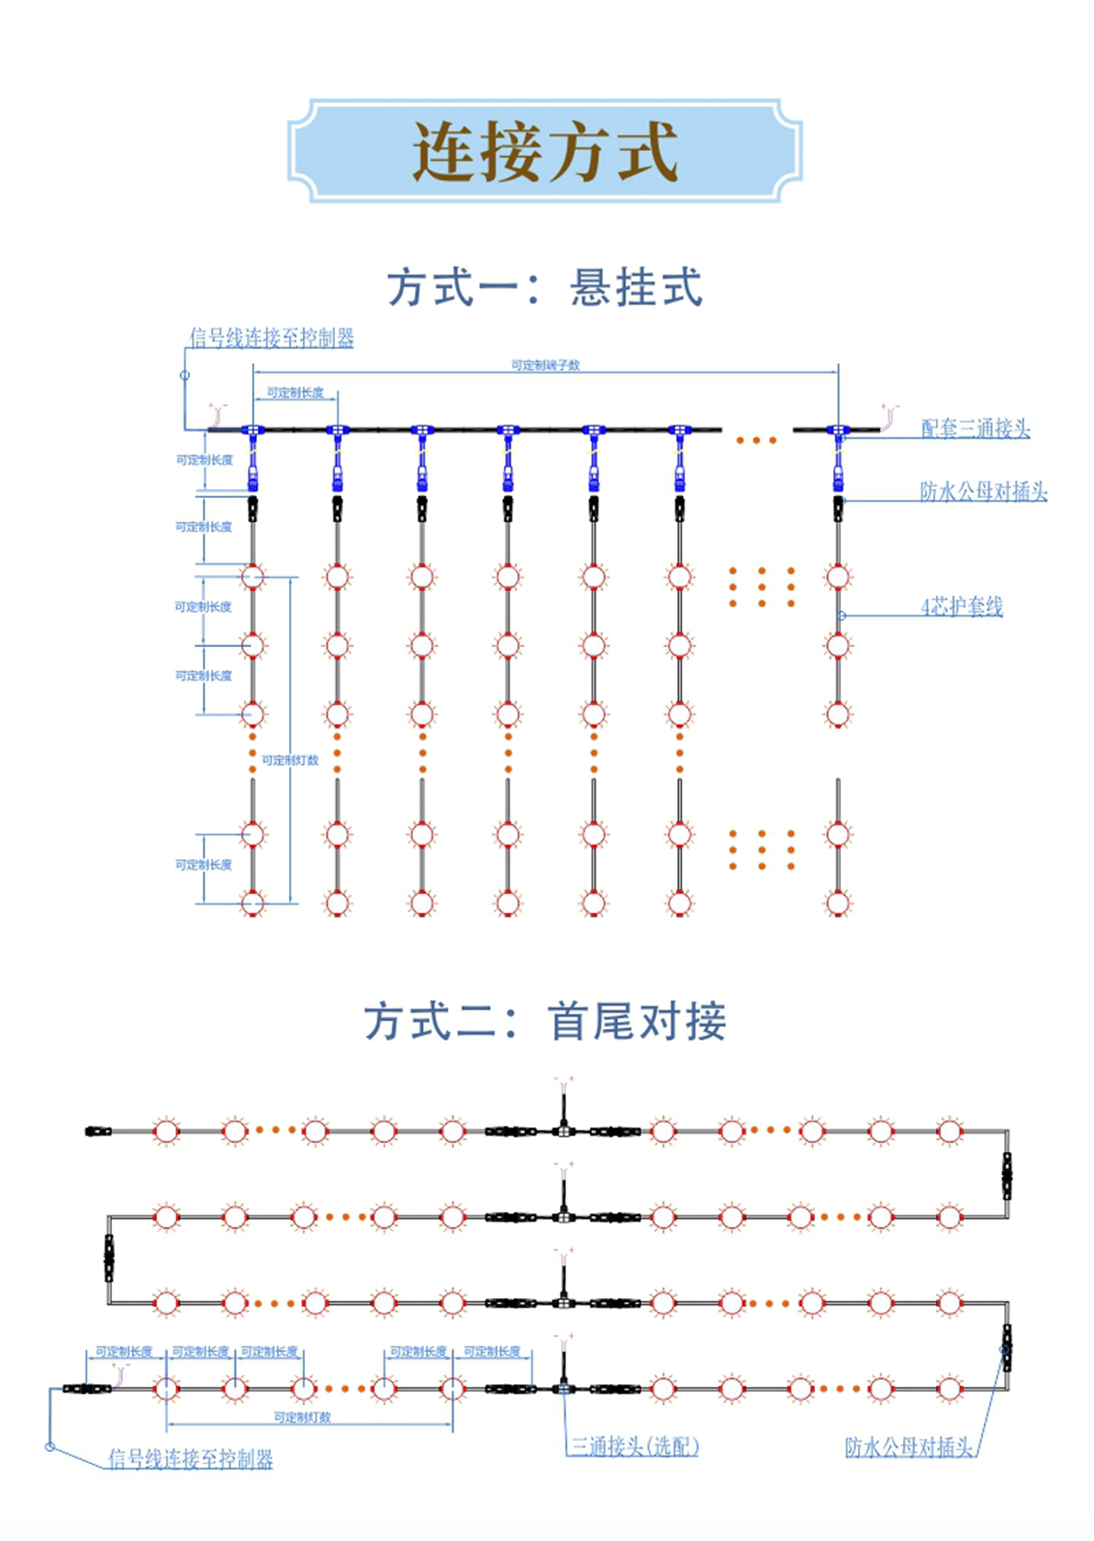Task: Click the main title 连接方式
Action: pyautogui.click(x=545, y=151)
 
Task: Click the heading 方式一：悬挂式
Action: pyautogui.click(x=545, y=287)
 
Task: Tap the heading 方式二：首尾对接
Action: pyautogui.click(x=545, y=1021)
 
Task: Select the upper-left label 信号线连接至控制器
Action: pyautogui.click(x=272, y=338)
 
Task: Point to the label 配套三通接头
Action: pyautogui.click(x=975, y=428)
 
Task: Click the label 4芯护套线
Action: pyautogui.click(x=961, y=606)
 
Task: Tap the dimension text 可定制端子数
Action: pyautogui.click(x=545, y=365)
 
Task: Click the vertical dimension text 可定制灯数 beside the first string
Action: pyautogui.click(x=290, y=760)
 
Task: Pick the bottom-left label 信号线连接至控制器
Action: pyautogui.click(x=191, y=1458)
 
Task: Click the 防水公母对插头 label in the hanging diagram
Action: pyautogui.click(x=983, y=492)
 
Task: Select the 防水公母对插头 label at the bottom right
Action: pyautogui.click(x=909, y=1447)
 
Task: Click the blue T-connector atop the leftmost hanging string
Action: pyautogui.click(x=252, y=429)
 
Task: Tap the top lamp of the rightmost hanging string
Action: pyautogui.click(x=838, y=577)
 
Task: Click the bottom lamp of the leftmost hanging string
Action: pyautogui.click(x=252, y=904)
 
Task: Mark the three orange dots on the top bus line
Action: pyautogui.click(x=756, y=440)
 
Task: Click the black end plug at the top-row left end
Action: pyautogui.click(x=98, y=1131)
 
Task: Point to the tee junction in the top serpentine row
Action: pyautogui.click(x=564, y=1130)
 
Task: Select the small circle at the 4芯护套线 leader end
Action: pyautogui.click(x=842, y=615)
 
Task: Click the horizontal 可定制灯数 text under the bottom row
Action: pyautogui.click(x=302, y=1417)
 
